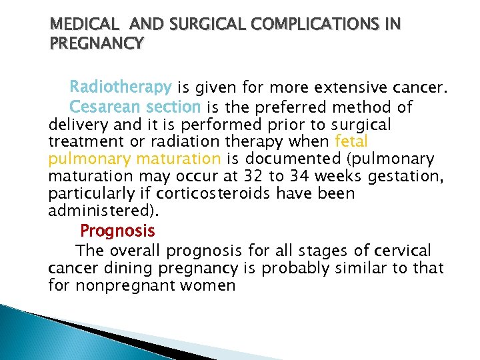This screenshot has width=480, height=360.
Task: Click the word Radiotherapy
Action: (x=121, y=87)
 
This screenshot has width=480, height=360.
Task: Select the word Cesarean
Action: (x=102, y=107)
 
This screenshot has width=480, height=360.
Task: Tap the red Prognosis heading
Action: (x=117, y=231)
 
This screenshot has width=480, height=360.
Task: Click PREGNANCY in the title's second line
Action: (x=96, y=44)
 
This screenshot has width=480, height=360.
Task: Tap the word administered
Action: (x=100, y=211)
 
